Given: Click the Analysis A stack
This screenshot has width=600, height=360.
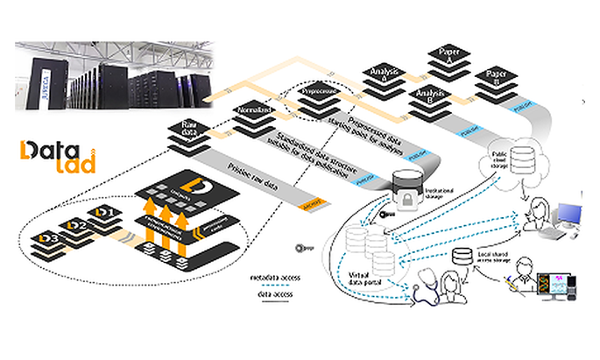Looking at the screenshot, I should [x=383, y=74].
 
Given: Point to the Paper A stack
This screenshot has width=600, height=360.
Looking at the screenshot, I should [x=445, y=58].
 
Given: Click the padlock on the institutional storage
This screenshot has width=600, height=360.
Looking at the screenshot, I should [x=405, y=195].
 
